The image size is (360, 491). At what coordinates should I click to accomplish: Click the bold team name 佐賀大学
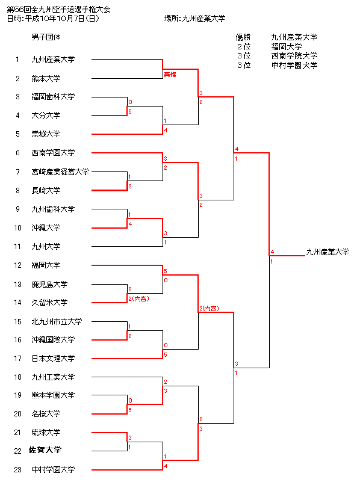pos(45,450)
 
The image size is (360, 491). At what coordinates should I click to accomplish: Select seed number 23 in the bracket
pos(17,470)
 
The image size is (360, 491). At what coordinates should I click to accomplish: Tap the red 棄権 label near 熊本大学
pos(170,75)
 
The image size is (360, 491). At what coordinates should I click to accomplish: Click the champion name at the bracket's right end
pos(327,252)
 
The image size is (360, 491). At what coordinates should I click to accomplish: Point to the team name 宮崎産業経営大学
pos(60,171)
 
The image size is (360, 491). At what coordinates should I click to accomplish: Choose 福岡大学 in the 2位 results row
pos(287,47)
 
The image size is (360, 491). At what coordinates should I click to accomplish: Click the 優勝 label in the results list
pos(243,37)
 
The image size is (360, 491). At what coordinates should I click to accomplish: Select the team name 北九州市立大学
pos(57,321)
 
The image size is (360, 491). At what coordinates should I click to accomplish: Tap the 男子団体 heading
pos(46,37)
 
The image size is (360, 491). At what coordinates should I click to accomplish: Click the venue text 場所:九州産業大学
pos(194,19)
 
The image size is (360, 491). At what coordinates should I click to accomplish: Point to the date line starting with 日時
pos(53,19)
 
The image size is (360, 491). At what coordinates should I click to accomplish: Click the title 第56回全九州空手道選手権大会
pos(58,10)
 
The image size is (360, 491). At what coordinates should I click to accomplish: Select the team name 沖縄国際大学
pos(53,340)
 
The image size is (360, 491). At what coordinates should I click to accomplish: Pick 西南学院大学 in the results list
pos(294,56)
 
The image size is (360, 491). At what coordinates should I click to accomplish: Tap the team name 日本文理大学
pos(53,358)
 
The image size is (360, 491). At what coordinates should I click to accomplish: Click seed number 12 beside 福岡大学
pos(17,265)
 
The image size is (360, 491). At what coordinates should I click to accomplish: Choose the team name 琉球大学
pos(46,433)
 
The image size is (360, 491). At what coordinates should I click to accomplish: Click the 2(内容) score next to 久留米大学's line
pos(138,298)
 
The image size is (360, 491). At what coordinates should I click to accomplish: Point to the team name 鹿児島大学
pos(49,285)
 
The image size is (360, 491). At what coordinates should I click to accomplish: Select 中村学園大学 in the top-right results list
pos(294,65)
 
